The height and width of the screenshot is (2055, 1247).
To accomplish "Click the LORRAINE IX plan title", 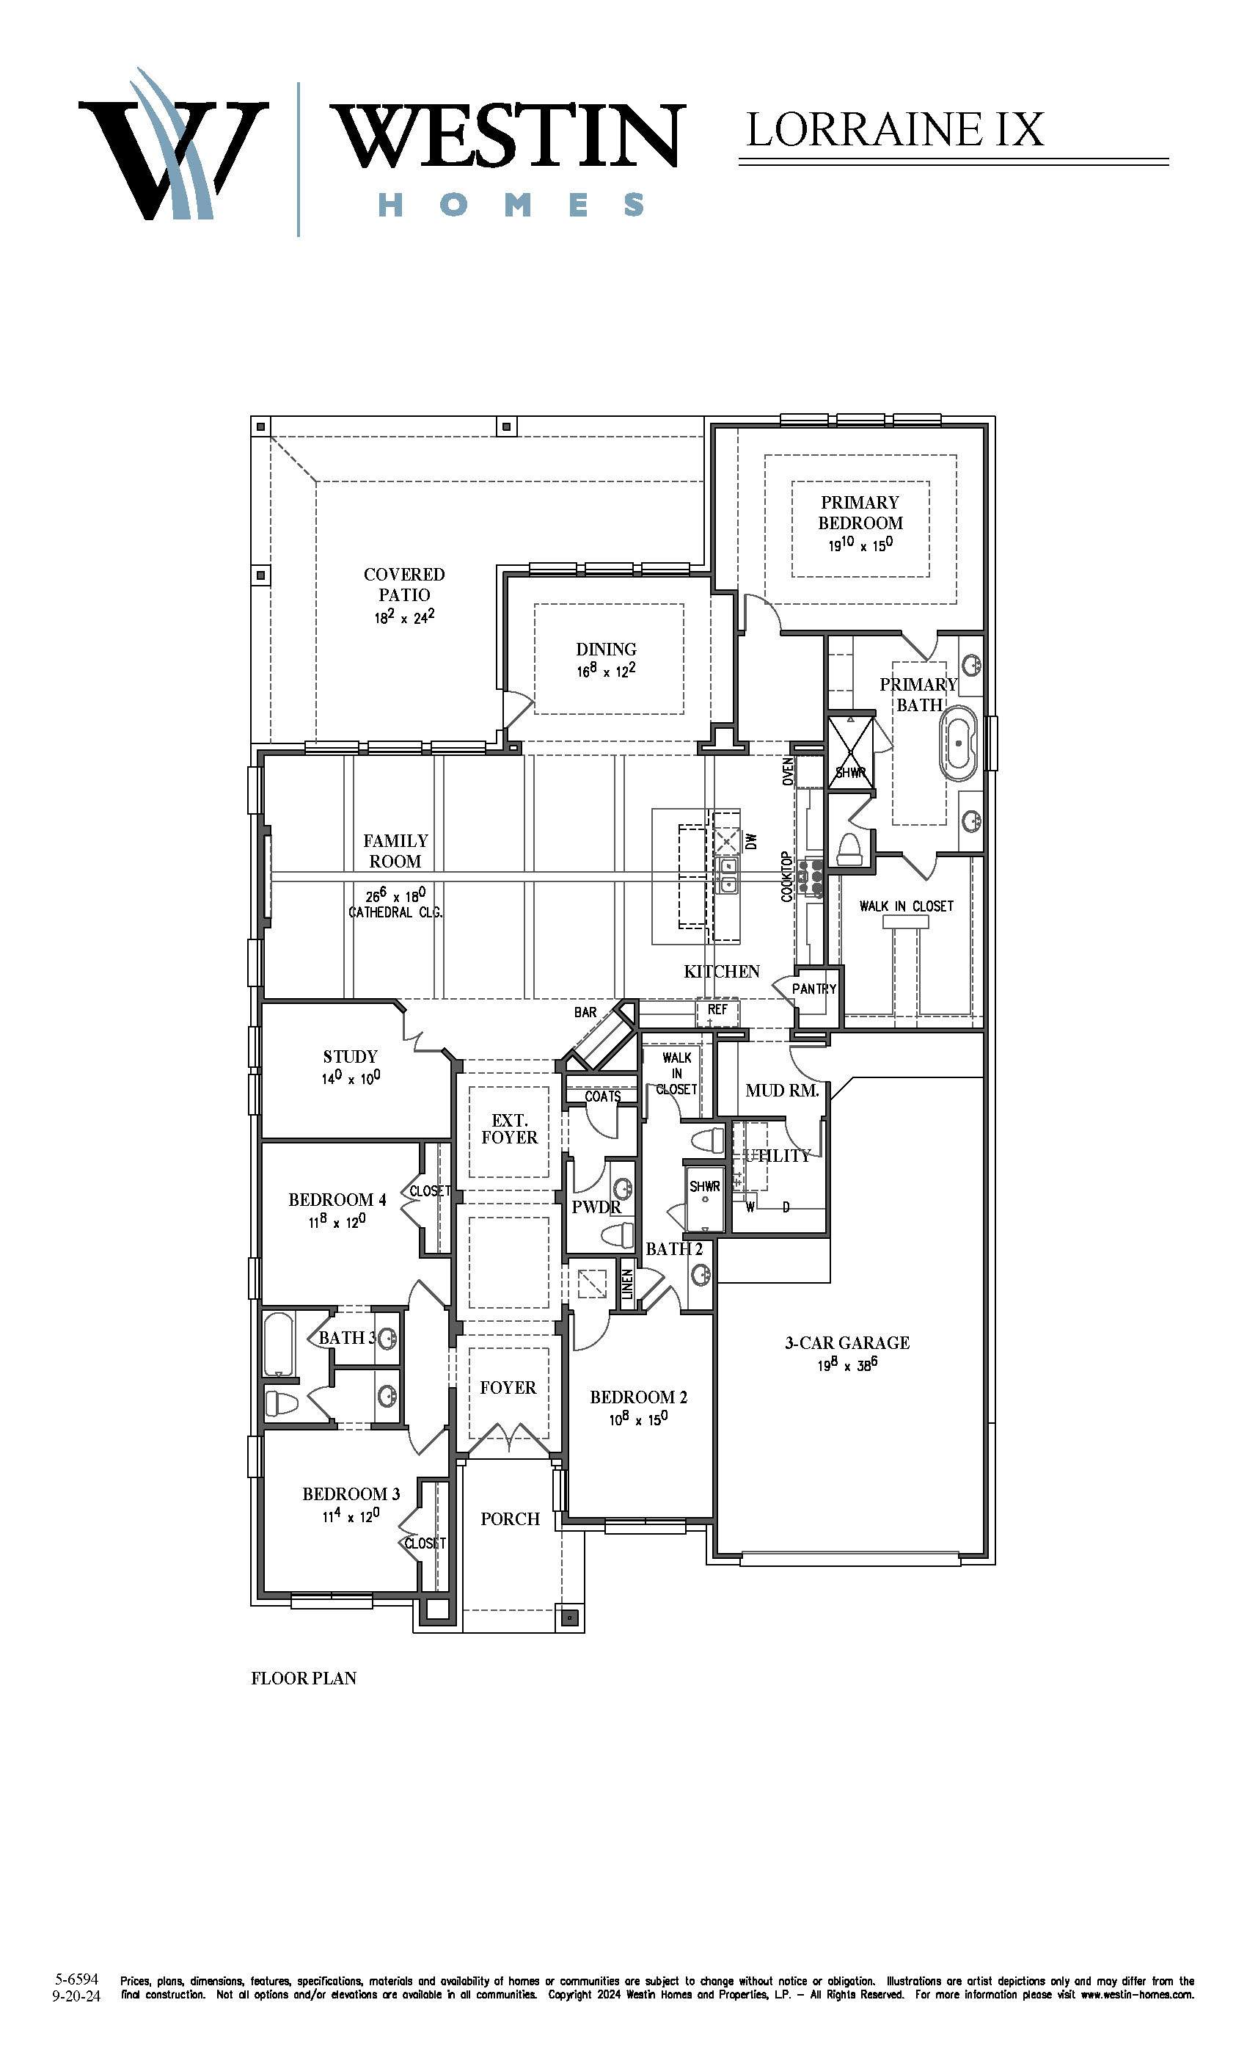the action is coord(894,129).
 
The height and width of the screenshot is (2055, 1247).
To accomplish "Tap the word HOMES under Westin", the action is coord(512,204).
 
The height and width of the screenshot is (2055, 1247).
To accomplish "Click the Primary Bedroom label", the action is coord(860,512).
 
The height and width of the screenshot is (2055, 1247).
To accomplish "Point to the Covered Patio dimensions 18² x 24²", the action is coord(404,617).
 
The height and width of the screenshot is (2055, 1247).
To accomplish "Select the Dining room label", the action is coord(606,649).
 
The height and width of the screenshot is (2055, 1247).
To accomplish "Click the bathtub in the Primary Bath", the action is coord(959,743).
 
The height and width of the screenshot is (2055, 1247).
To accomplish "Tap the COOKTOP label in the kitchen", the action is coord(787,876).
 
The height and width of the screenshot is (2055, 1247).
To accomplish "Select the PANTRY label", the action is coord(813,989).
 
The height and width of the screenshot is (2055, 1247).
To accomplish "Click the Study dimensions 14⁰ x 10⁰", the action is coord(351,1078).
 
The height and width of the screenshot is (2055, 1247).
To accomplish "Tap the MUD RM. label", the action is coord(782,1090).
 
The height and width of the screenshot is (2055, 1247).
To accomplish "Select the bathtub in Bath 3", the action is coord(277,1345).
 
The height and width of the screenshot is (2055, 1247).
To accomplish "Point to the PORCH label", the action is coord(510,1519).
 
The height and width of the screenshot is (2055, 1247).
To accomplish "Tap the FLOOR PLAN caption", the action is coord(304,1678).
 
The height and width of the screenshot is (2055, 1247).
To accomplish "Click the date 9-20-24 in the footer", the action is coord(76,1996).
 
